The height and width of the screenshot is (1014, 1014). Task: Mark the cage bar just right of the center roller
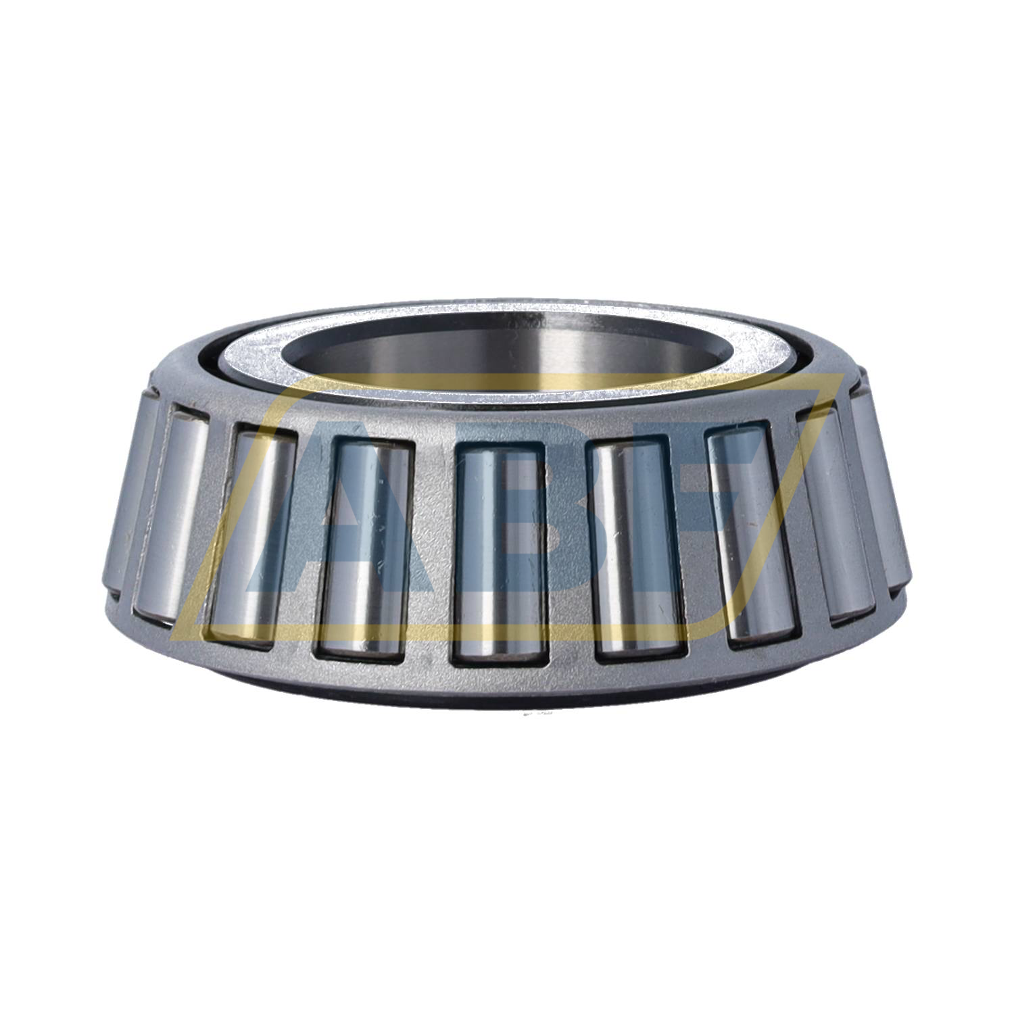click(x=568, y=548)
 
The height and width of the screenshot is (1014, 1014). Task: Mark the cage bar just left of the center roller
click(x=430, y=548)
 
